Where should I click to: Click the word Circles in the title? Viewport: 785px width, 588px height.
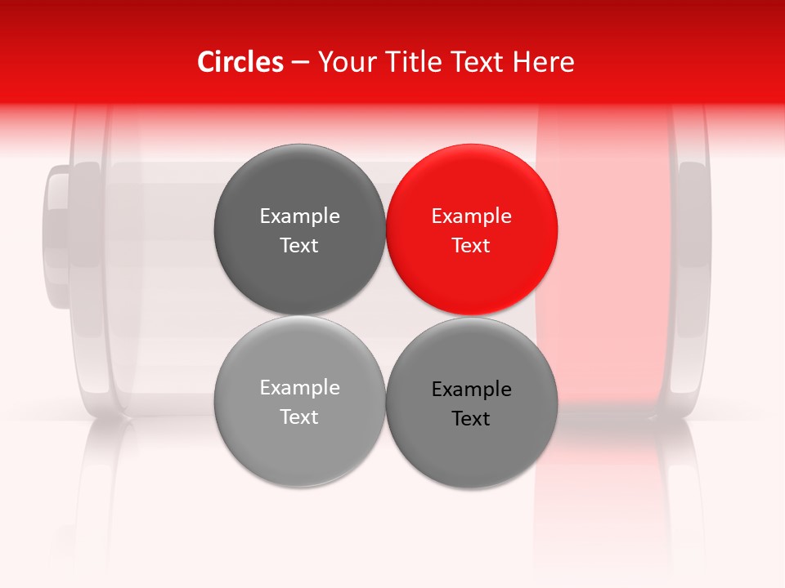click(x=240, y=62)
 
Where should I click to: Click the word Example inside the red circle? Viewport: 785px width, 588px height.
click(x=471, y=216)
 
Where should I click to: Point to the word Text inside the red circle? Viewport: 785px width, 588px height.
click(x=471, y=246)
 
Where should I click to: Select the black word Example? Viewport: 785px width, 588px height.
click(x=471, y=390)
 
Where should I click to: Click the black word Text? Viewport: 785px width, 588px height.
click(x=471, y=419)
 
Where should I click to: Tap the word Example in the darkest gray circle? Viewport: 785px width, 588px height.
click(x=299, y=216)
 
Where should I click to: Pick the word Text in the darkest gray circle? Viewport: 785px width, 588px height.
click(x=299, y=246)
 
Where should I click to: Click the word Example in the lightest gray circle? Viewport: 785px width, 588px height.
click(x=299, y=388)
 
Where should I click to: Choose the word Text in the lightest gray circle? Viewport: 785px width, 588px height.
click(x=299, y=417)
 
